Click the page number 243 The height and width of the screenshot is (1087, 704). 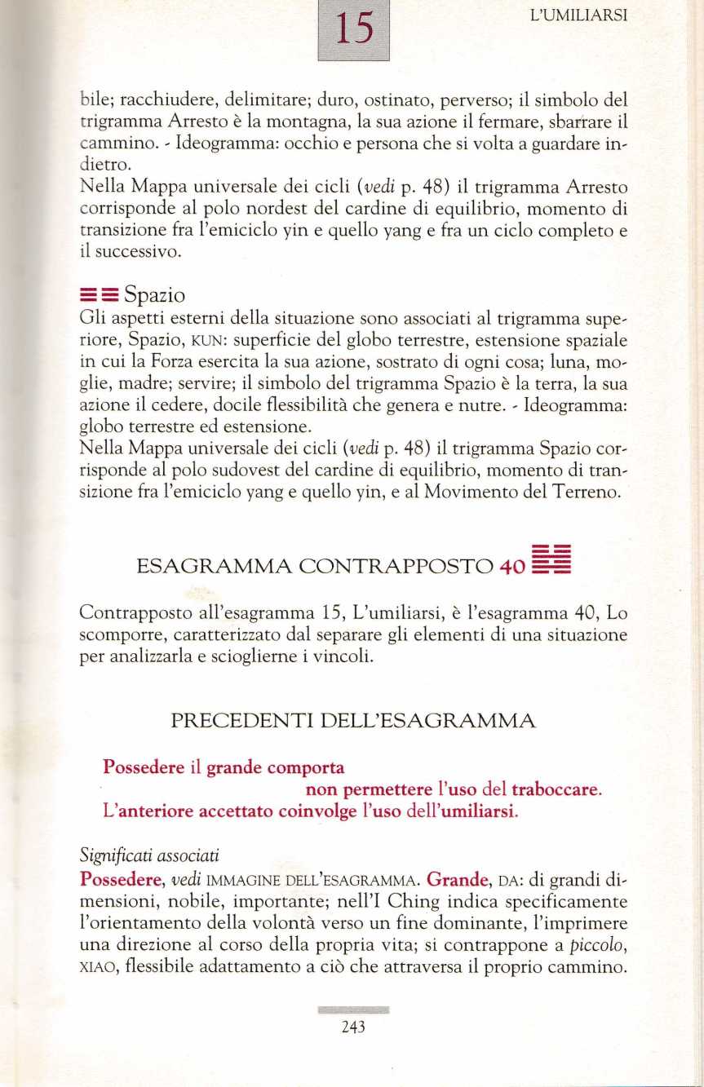click(352, 1027)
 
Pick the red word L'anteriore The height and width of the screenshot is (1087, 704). click(144, 812)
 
